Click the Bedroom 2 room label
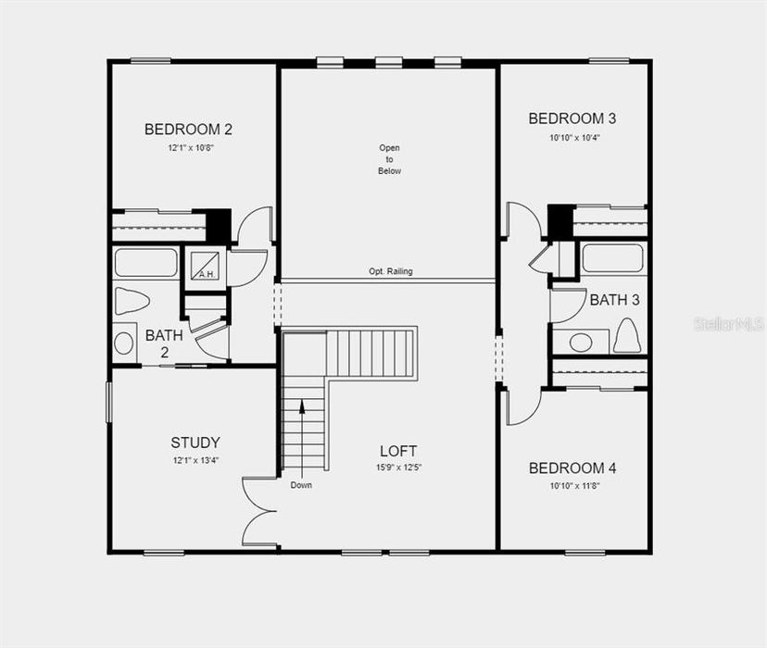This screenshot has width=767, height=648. pyautogui.click(x=188, y=130)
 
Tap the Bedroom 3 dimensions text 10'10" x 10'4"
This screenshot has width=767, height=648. pyautogui.click(x=574, y=138)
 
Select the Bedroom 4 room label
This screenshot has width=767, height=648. pyautogui.click(x=572, y=468)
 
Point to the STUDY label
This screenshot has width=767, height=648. pyautogui.click(x=195, y=442)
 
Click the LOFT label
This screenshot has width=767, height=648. pyautogui.click(x=398, y=451)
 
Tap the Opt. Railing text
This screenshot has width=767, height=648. pyautogui.click(x=391, y=271)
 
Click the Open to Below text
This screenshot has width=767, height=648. pyautogui.click(x=389, y=159)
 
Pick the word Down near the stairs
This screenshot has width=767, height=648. pyautogui.click(x=301, y=485)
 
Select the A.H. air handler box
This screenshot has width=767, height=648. pyautogui.click(x=205, y=267)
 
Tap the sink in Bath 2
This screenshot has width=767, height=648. pyautogui.click(x=124, y=343)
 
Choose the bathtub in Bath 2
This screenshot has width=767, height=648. pyautogui.click(x=145, y=263)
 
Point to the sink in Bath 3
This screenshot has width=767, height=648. pyautogui.click(x=581, y=343)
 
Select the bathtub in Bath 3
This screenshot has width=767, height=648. pyautogui.click(x=612, y=257)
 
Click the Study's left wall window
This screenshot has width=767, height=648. pyautogui.click(x=109, y=402)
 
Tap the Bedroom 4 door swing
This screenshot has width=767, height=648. pyautogui.click(x=524, y=407)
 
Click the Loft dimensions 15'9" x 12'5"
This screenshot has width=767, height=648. pyautogui.click(x=398, y=467)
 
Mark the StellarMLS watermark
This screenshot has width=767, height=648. pyautogui.click(x=729, y=323)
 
